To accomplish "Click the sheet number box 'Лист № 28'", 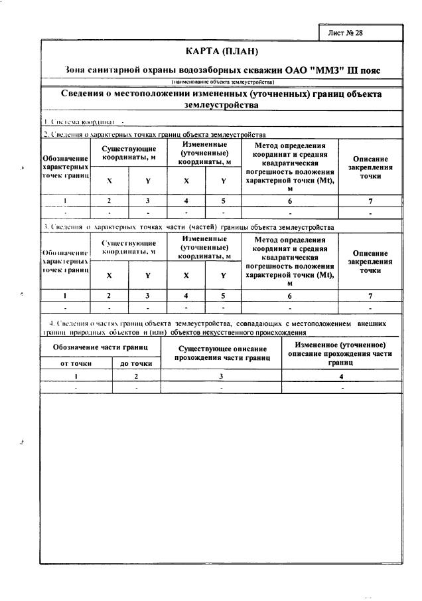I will pos(359,32).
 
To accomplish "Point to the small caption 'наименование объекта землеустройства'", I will pos(223,82).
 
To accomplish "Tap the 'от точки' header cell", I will pos(76,363).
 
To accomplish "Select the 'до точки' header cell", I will pos(136,363).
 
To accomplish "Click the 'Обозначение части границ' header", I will pos(100,347).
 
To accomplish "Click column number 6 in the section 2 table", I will pos(289,200).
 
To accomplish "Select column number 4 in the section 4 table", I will pos(341,376).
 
